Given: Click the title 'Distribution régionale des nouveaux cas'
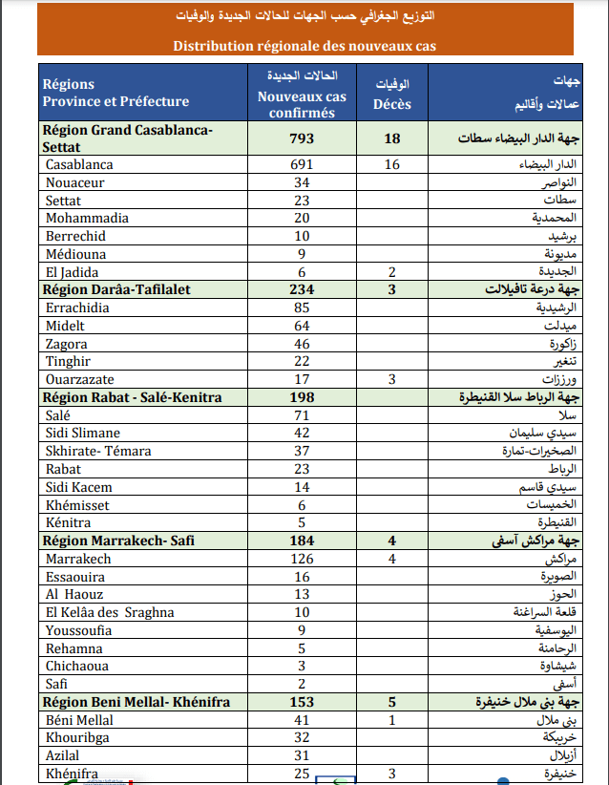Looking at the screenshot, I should pyautogui.click(x=305, y=45).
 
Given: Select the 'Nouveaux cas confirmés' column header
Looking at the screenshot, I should pyautogui.click(x=302, y=97).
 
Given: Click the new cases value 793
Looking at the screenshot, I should pyautogui.click(x=302, y=138).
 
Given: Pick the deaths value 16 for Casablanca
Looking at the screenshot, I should pyautogui.click(x=391, y=164).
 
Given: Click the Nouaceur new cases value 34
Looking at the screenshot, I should pyautogui.click(x=302, y=182).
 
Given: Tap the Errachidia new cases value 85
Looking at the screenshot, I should pyautogui.click(x=302, y=308).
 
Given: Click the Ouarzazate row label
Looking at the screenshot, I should pyautogui.click(x=81, y=379).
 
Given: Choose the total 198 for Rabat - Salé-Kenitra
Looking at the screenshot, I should pyautogui.click(x=302, y=397).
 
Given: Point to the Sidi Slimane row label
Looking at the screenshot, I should pyautogui.click(x=84, y=433).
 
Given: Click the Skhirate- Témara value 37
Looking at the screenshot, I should pyautogui.click(x=302, y=451).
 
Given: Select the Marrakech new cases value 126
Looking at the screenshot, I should pyautogui.click(x=302, y=559).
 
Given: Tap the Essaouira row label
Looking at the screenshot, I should pyautogui.click(x=76, y=576).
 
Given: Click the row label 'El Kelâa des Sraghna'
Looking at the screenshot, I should pyautogui.click(x=110, y=612).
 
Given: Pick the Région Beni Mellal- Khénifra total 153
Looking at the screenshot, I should pyautogui.click(x=302, y=702).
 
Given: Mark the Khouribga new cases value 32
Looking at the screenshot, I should pyautogui.click(x=302, y=737).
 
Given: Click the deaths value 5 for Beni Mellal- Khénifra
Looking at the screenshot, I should pyautogui.click(x=391, y=702).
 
